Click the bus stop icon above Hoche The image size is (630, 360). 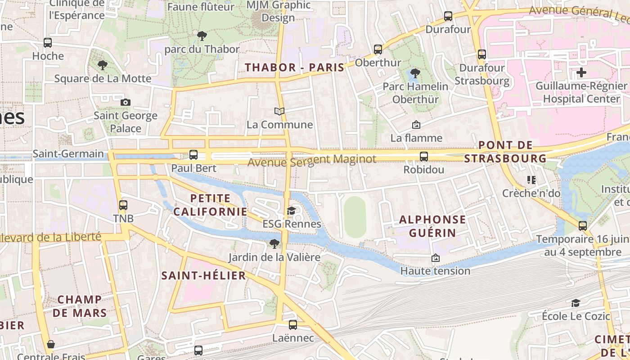pyautogui.click(x=48, y=43)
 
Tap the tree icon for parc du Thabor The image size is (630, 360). pyautogui.click(x=202, y=36)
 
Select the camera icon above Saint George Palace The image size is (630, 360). pyautogui.click(x=126, y=102)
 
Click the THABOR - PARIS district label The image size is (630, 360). pyautogui.click(x=294, y=67)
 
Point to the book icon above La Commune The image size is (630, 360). pyautogui.click(x=279, y=111)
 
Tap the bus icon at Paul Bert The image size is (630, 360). pyautogui.click(x=193, y=155)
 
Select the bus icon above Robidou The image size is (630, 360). pyautogui.click(x=424, y=157)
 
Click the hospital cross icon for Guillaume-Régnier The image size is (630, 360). pyautogui.click(x=581, y=72)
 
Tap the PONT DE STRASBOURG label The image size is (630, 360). pyautogui.click(x=505, y=152)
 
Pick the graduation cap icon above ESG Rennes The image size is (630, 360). pyautogui.click(x=292, y=211)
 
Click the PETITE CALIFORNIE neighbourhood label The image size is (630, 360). pyautogui.click(x=210, y=205)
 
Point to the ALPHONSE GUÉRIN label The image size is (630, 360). pyautogui.click(x=433, y=226)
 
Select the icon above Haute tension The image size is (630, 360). pyautogui.click(x=435, y=258)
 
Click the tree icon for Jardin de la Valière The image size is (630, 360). pyautogui.click(x=274, y=244)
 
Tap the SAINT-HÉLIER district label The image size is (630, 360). pyautogui.click(x=204, y=275)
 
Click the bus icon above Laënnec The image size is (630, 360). pyautogui.click(x=293, y=324)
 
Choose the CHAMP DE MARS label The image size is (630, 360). pyautogui.click(x=80, y=306)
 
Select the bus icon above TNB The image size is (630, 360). pyautogui.click(x=123, y=205)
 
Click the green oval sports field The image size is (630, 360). pyautogui.click(x=355, y=217)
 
